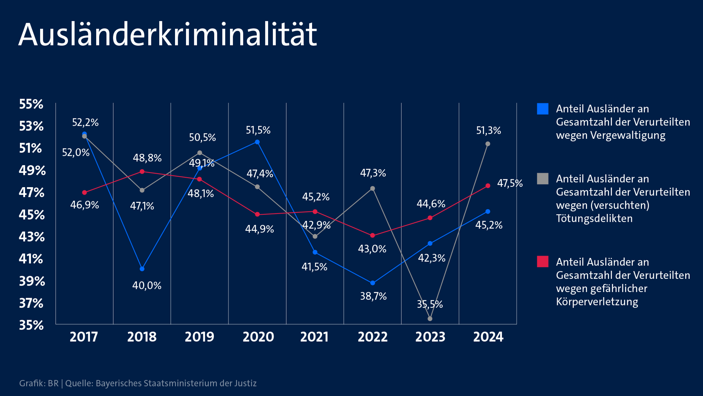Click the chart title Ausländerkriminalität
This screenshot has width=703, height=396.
[168, 34]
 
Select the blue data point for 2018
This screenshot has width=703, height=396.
[142, 269]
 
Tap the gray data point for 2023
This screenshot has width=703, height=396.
[430, 319]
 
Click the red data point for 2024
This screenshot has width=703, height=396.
[488, 186]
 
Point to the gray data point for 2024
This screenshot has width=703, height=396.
[488, 144]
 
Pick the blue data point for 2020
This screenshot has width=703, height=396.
[257, 142]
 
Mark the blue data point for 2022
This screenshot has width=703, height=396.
[373, 283]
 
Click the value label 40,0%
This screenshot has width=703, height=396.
[147, 286]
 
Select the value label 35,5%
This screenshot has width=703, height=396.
[430, 304]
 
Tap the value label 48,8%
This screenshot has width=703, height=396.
[147, 158]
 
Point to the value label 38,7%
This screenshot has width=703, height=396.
[373, 296]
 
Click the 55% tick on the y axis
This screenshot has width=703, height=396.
[31, 104]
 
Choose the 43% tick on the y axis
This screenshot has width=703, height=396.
[32, 237]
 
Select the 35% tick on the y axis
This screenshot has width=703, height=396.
[31, 325]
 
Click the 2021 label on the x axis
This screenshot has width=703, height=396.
[314, 337]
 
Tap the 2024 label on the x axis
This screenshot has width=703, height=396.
[488, 337]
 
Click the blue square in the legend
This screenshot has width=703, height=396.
[543, 109]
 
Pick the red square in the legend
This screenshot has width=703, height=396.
[543, 261]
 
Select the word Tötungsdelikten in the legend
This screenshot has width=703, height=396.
[594, 218]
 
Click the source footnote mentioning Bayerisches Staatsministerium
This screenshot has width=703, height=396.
[161, 383]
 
